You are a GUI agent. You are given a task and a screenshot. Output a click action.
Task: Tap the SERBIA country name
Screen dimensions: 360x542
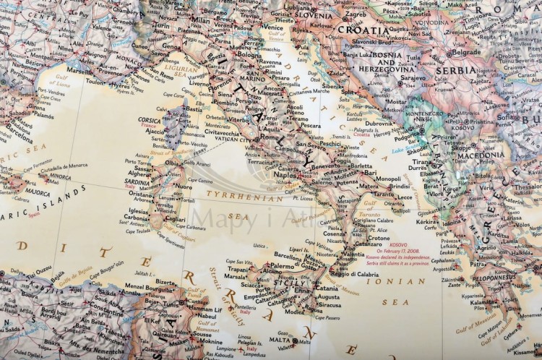tap(455, 70)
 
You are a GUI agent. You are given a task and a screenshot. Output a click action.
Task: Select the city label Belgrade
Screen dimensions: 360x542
tap(465, 52)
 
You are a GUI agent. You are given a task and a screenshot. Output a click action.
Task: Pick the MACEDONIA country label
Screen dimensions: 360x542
tap(480, 155)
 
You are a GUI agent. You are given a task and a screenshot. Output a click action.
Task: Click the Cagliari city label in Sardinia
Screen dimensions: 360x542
tap(174, 220)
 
